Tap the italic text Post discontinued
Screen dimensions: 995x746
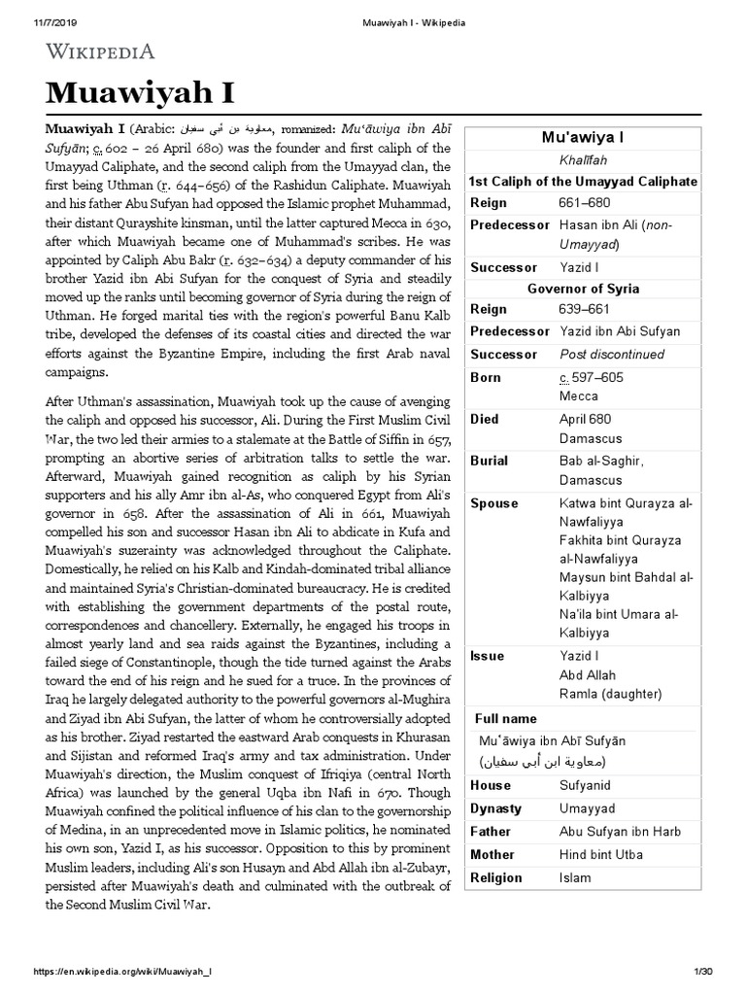coord(612,355)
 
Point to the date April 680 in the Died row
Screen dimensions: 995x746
coord(585,420)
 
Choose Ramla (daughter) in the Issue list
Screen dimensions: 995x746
coord(610,694)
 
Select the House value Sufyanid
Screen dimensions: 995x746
coord(586,785)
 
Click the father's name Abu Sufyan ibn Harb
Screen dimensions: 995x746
coord(621,832)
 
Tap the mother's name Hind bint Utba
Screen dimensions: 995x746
coord(603,855)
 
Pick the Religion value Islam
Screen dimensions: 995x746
coord(575,878)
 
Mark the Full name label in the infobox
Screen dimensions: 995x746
coord(505,718)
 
